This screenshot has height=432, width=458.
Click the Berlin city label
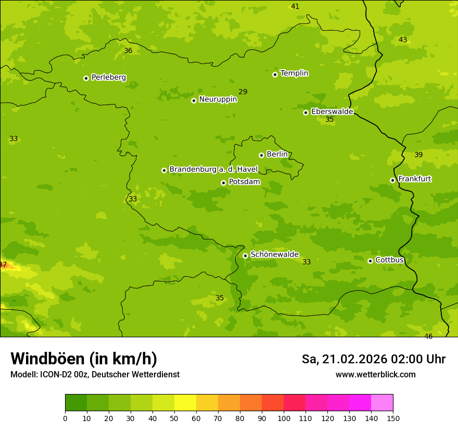coord(277,155)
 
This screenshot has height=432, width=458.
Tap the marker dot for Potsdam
coord(223,183)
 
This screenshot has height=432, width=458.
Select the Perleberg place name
coord(109,78)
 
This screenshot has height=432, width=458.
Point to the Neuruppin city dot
coord(194,100)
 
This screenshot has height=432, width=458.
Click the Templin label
coord(294,73)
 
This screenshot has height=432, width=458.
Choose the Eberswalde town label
coord(332,112)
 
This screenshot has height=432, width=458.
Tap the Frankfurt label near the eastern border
coord(414,179)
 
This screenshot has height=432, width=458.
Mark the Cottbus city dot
coord(370,261)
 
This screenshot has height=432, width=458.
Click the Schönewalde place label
coord(274,255)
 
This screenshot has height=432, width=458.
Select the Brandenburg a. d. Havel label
coord(213,169)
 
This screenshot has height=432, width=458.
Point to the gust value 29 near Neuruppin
coord(243,92)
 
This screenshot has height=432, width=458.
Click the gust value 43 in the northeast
coord(403,40)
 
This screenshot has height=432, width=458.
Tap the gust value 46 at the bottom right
coord(428,337)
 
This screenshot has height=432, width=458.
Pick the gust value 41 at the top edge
coord(295,7)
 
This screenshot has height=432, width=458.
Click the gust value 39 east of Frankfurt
coord(418,155)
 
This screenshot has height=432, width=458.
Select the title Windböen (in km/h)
coord(84,359)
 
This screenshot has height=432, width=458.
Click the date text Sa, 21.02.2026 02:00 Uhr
coord(373,359)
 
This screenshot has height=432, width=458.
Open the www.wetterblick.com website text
coord(375,375)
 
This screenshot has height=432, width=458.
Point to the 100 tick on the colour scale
coord(284,418)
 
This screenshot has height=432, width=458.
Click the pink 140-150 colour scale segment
coord(382,402)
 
